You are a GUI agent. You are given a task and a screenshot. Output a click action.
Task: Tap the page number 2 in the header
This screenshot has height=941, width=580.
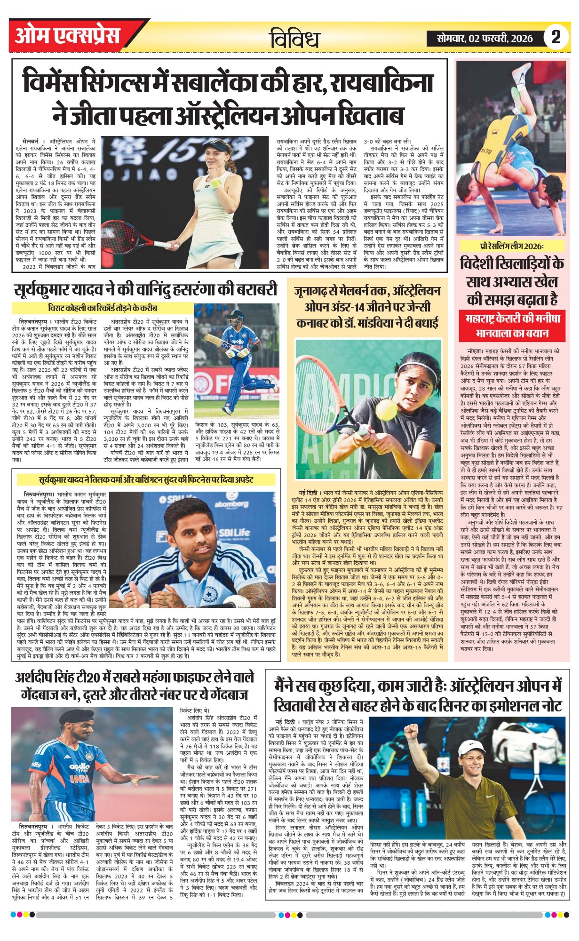[x=556, y=37]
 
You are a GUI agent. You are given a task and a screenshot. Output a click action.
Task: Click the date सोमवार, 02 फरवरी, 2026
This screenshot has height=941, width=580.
[x=485, y=38]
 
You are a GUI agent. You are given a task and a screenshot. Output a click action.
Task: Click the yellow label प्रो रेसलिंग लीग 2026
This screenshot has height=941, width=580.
[x=511, y=247]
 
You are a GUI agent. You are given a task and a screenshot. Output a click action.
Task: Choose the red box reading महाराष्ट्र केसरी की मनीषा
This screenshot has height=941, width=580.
[x=512, y=318]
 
